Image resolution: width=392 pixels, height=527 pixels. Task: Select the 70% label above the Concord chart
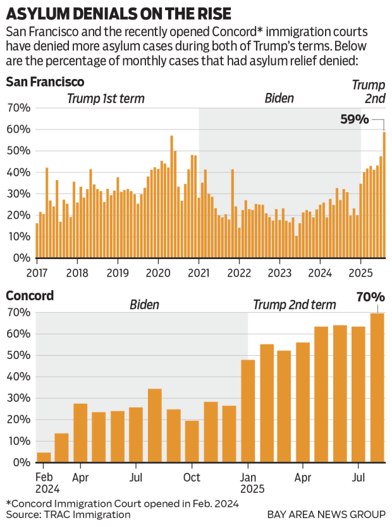pos(371,297)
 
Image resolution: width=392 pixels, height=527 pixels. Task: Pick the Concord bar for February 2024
pos(44,457)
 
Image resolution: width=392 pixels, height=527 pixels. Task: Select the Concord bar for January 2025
pos(248,411)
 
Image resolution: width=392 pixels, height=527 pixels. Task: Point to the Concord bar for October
pos(192,441)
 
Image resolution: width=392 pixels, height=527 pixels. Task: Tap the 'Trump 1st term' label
pos(106,98)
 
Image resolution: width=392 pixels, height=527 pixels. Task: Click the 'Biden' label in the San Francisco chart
pos(278,98)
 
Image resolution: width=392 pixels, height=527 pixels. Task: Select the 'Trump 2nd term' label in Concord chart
pos(295,305)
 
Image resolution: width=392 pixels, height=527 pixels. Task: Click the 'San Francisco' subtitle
pos(45,82)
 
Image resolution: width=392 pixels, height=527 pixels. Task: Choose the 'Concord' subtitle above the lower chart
pos(30,296)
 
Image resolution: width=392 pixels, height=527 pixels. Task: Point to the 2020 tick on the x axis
pos(157,273)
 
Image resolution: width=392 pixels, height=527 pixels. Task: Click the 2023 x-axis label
pos(279,273)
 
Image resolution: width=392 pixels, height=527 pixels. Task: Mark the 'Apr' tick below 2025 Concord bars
pos(303,477)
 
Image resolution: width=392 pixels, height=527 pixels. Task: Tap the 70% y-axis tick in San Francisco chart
pos(19,108)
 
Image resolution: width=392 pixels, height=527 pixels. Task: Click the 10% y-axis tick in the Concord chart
pos(19,441)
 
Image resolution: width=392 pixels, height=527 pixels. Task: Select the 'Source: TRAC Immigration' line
pos(68,514)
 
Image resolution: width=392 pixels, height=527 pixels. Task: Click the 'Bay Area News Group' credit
pos(326,514)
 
